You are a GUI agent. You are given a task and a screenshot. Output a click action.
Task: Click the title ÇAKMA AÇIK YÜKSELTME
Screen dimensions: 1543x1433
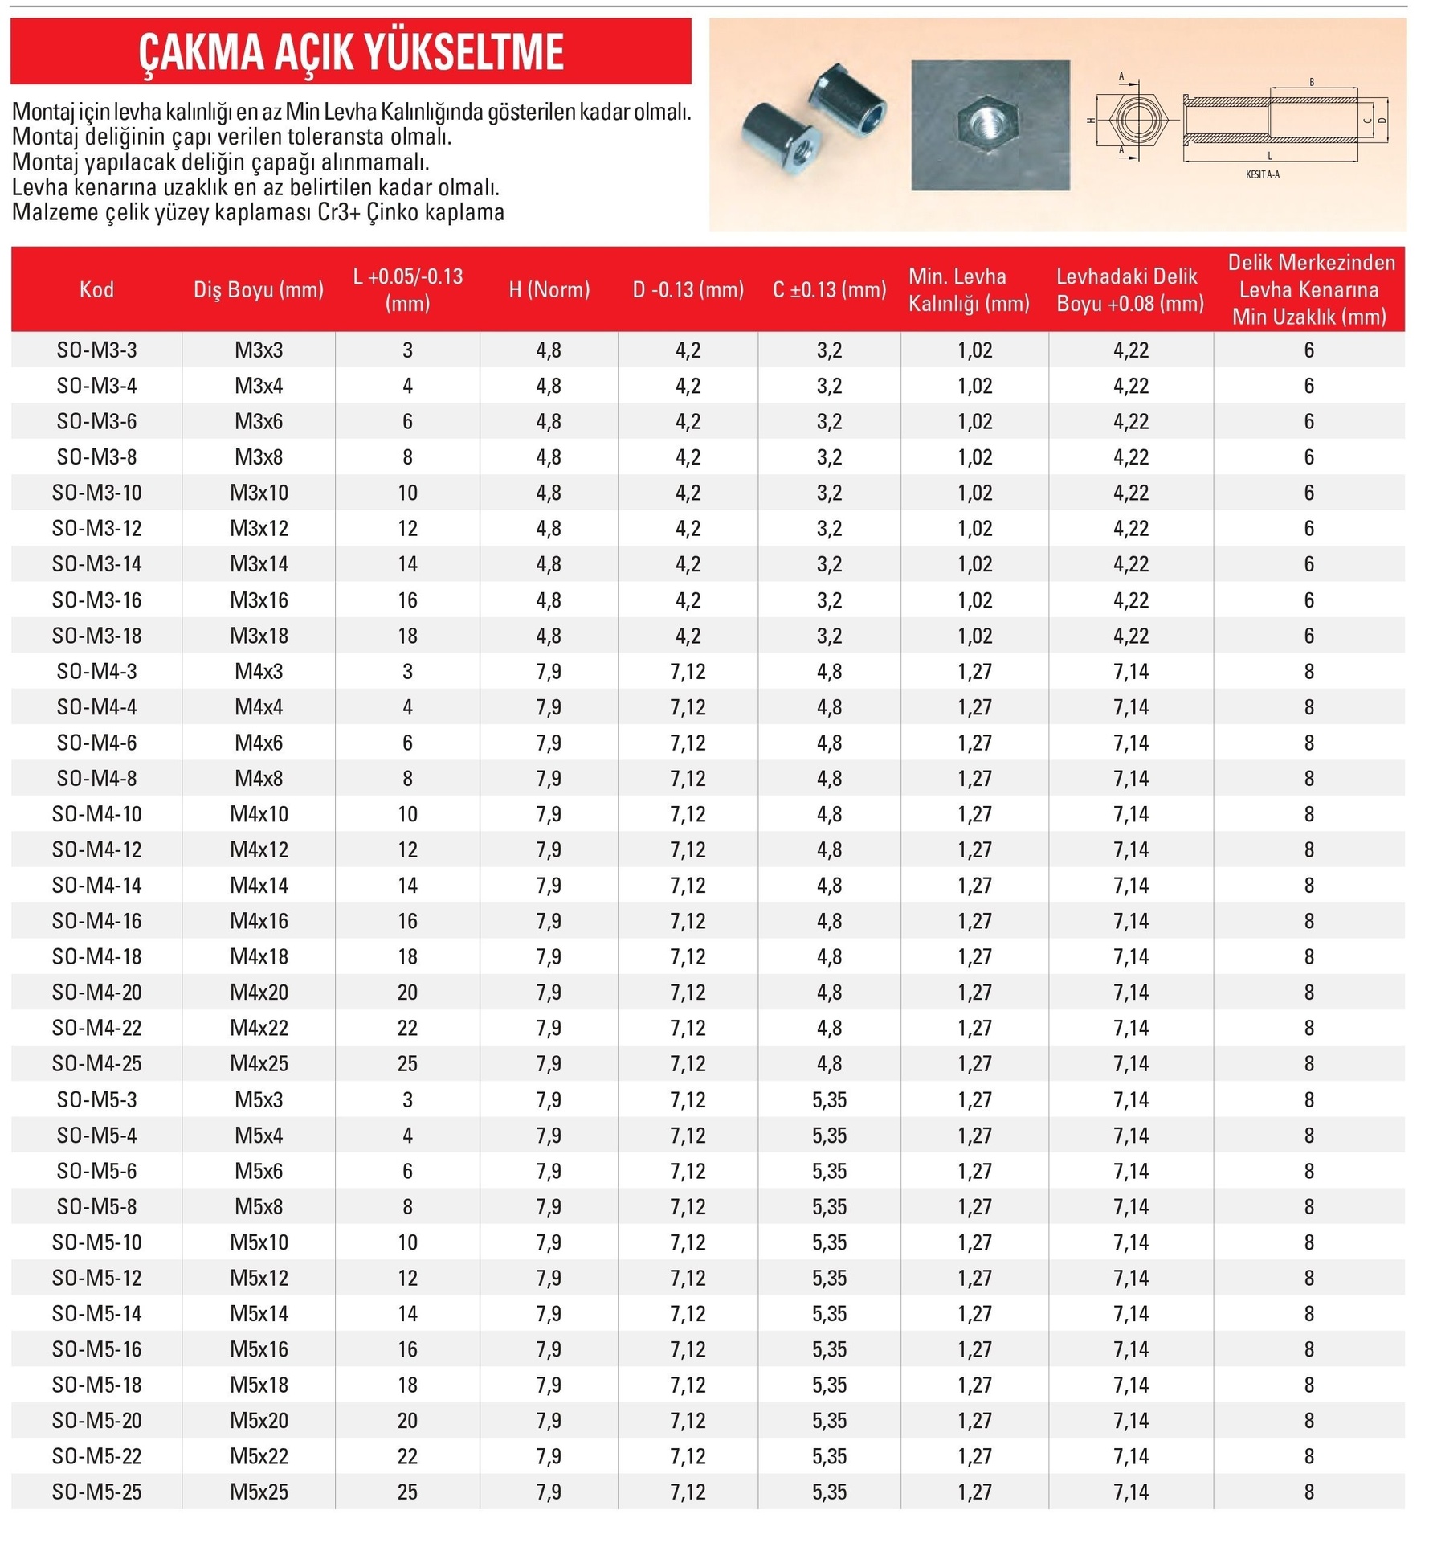[351, 52]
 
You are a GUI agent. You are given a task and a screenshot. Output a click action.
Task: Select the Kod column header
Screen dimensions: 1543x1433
[96, 289]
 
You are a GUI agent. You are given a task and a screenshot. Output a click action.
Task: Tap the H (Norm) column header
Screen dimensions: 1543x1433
[549, 289]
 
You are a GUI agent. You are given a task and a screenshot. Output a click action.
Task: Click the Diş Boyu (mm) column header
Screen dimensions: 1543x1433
[259, 289]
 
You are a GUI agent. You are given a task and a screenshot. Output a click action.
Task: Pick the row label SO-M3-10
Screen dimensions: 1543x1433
[96, 493]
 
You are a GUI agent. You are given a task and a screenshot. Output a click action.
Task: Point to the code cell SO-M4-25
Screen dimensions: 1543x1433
[96, 1063]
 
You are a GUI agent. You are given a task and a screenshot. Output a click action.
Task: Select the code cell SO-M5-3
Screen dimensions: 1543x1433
[96, 1099]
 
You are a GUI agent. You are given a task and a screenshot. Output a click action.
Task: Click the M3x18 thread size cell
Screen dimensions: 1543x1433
[259, 636]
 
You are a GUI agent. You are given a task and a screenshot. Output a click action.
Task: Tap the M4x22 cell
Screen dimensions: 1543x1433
[259, 1028]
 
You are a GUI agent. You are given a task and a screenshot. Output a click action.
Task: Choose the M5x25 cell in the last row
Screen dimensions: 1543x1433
[259, 1492]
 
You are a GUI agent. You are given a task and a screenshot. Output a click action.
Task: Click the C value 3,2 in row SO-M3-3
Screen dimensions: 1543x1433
[829, 350]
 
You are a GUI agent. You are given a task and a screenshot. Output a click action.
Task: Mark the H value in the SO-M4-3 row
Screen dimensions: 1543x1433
[549, 671]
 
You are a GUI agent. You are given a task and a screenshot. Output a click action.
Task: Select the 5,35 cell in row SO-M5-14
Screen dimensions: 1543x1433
[829, 1313]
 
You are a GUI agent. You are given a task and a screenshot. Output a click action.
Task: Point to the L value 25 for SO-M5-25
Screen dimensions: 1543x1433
[407, 1492]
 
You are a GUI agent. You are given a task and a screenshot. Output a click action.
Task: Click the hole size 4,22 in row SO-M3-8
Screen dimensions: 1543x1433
[1130, 457]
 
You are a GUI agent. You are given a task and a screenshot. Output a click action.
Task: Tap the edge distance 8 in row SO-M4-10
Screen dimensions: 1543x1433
[1308, 814]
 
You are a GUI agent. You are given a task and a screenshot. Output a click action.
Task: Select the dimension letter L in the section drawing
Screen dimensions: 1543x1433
[1269, 156]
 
